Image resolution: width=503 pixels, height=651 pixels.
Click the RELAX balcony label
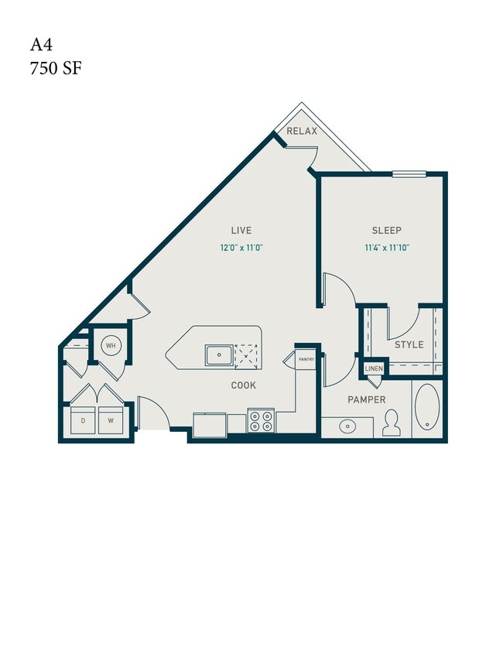coord(302,132)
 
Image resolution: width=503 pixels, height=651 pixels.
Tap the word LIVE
coord(241,230)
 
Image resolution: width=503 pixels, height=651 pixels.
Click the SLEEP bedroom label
coord(387,230)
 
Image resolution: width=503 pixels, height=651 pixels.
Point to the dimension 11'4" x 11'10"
coord(387,248)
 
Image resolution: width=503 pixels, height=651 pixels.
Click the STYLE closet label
coord(409,344)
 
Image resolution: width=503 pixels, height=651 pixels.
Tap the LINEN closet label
coord(374,368)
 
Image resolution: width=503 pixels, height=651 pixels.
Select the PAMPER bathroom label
coord(367,399)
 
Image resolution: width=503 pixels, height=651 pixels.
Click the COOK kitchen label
coord(243,385)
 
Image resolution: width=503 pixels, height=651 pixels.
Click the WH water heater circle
coord(111,345)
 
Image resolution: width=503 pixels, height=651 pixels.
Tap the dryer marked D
coord(83,421)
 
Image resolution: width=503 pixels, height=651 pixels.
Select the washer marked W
coord(111,421)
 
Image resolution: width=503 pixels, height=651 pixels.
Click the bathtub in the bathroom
coord(427,407)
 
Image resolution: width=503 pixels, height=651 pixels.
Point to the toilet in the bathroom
coord(391,423)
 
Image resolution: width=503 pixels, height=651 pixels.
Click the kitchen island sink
coord(219,355)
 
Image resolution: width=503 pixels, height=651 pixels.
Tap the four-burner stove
coord(261,421)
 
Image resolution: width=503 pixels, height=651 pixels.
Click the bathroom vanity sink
coord(348,425)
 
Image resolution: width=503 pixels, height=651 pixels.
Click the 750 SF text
coord(55,68)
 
